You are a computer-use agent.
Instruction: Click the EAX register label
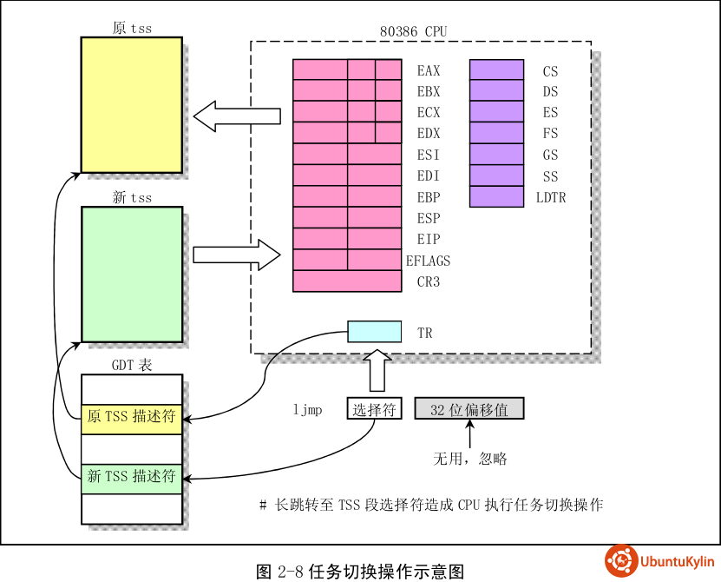coord(429,70)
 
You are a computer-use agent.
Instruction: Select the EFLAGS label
coord(429,261)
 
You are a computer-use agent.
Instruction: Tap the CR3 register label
coord(429,282)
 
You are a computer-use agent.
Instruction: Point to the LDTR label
coord(551,198)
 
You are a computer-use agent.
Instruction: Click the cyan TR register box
coord(375,332)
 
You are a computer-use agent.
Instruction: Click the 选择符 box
coord(375,409)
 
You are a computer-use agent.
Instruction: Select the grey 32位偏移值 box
coord(469,409)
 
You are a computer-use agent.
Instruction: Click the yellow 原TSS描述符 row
coord(132,417)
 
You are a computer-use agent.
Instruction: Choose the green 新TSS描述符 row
coord(132,477)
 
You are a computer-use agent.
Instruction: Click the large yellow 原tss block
coord(131,104)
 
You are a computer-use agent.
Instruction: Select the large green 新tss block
coord(131,274)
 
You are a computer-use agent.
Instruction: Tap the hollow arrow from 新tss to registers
coord(235,255)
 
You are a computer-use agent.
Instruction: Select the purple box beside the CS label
coord(496,70)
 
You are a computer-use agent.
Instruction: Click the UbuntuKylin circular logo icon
coord(621,560)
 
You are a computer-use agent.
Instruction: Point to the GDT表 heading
coord(132,366)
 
